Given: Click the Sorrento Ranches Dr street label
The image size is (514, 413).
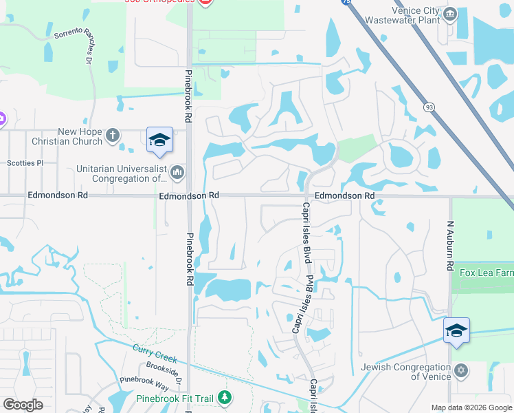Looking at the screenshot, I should (x=71, y=42).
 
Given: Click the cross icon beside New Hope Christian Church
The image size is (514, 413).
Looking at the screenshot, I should (x=113, y=136).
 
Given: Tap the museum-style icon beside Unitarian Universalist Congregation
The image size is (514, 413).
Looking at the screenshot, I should (x=177, y=171).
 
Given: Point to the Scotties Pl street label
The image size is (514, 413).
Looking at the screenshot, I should (x=25, y=163).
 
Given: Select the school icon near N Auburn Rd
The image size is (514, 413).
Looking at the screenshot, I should (x=456, y=330).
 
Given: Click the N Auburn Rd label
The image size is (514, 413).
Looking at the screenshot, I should (x=451, y=245).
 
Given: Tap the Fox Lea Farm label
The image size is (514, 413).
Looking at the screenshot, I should (x=486, y=273).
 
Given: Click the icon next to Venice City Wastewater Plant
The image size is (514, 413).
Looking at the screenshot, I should (x=450, y=14).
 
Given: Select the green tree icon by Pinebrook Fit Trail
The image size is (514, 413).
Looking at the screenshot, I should (x=224, y=397).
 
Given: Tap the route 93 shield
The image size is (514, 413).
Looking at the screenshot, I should (x=429, y=107).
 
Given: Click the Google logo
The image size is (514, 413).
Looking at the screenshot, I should (x=23, y=405).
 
